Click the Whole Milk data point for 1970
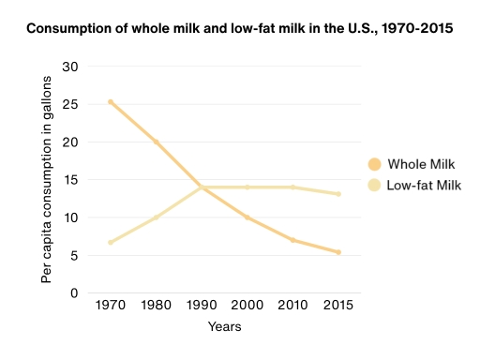click(x=111, y=102)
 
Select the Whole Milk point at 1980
click(x=156, y=142)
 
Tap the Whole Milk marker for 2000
click(x=247, y=217)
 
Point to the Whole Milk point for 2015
click(x=337, y=252)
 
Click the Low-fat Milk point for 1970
click(x=111, y=243)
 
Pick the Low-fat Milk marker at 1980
click(x=156, y=217)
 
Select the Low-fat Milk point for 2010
click(x=292, y=187)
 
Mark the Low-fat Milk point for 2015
click(x=337, y=194)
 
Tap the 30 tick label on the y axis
click(x=69, y=67)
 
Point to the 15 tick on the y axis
click(x=69, y=180)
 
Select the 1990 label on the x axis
click(x=202, y=307)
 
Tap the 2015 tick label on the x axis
click(x=337, y=307)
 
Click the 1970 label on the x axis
click(x=111, y=307)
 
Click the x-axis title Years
click(x=224, y=327)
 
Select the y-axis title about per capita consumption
click(x=46, y=180)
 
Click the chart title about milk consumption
click(x=240, y=29)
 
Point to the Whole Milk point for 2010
click(x=292, y=240)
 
